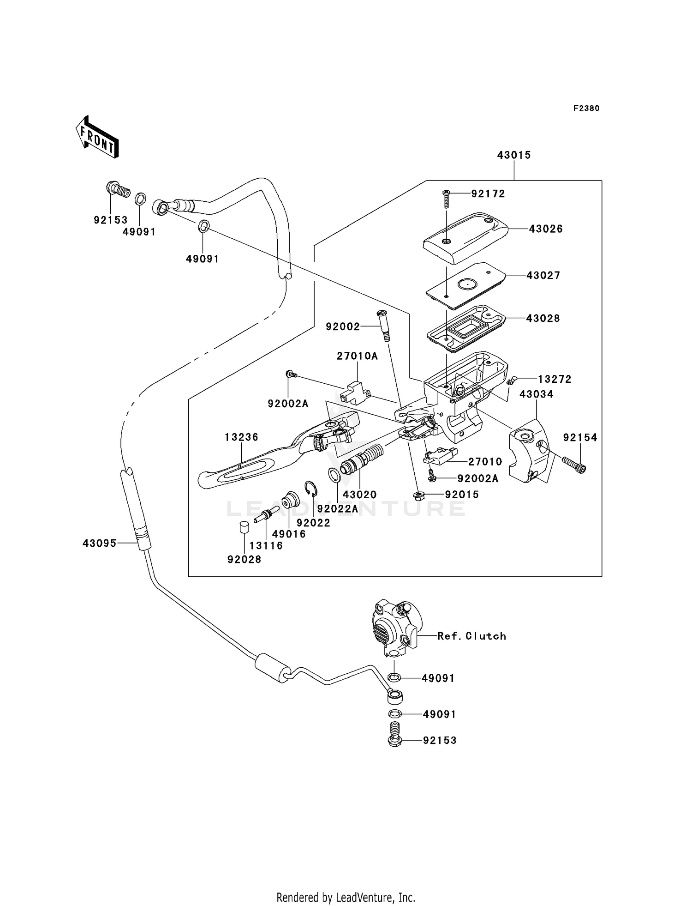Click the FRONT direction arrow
click(97, 138)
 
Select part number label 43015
click(513, 156)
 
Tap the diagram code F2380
click(586, 109)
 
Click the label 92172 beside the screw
click(488, 194)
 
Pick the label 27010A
click(357, 356)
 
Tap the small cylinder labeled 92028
click(245, 527)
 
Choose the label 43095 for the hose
click(99, 544)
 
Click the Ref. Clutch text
click(471, 636)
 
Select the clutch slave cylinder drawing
click(394, 628)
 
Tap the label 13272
click(554, 380)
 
